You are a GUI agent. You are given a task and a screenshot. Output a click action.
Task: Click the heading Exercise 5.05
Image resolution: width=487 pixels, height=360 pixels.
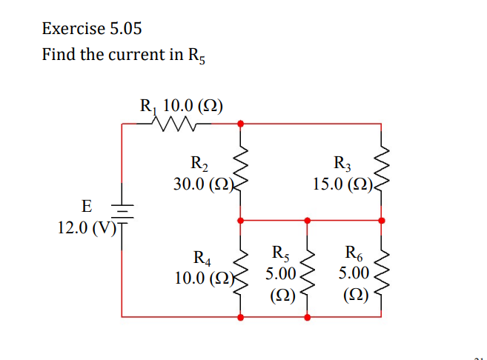[92, 29]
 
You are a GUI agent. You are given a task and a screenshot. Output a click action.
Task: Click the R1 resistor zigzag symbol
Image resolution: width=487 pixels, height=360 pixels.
[175, 124]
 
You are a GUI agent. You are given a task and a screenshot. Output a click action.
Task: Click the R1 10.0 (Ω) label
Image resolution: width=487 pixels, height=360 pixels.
[182, 106]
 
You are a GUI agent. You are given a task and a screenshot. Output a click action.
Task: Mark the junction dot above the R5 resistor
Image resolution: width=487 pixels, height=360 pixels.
[308, 220]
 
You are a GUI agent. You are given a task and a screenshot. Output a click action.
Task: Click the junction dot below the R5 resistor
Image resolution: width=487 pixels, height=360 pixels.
[308, 317]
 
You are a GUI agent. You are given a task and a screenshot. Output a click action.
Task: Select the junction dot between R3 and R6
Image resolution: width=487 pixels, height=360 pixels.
[382, 220]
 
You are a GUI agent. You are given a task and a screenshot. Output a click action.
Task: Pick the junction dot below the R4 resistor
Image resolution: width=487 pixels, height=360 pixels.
[239, 317]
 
